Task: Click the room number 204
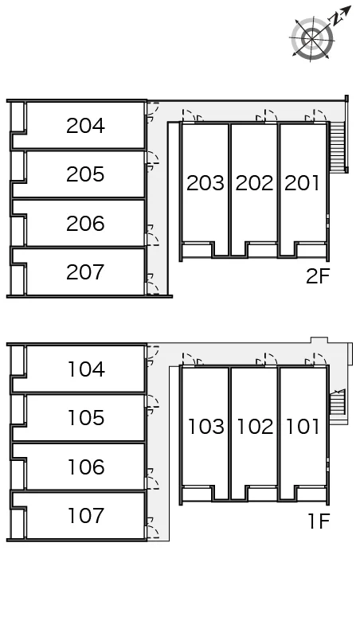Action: coord(85,126)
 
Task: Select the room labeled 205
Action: coord(85,174)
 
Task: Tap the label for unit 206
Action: coord(85,224)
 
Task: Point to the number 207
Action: coord(85,272)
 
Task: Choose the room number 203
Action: coord(205,183)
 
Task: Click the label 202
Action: coord(254,183)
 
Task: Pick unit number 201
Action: coord(302,183)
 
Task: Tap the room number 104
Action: coord(86,369)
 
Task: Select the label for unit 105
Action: coord(86,418)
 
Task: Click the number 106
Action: coord(86,467)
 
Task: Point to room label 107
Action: coord(86,516)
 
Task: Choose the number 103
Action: coord(206,427)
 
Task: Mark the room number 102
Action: coord(255,427)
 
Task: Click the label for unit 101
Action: coord(303,427)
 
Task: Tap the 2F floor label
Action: coord(318,276)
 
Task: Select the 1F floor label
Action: coord(319,521)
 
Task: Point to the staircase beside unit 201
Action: coord(338,146)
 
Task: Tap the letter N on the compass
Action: coord(335,19)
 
